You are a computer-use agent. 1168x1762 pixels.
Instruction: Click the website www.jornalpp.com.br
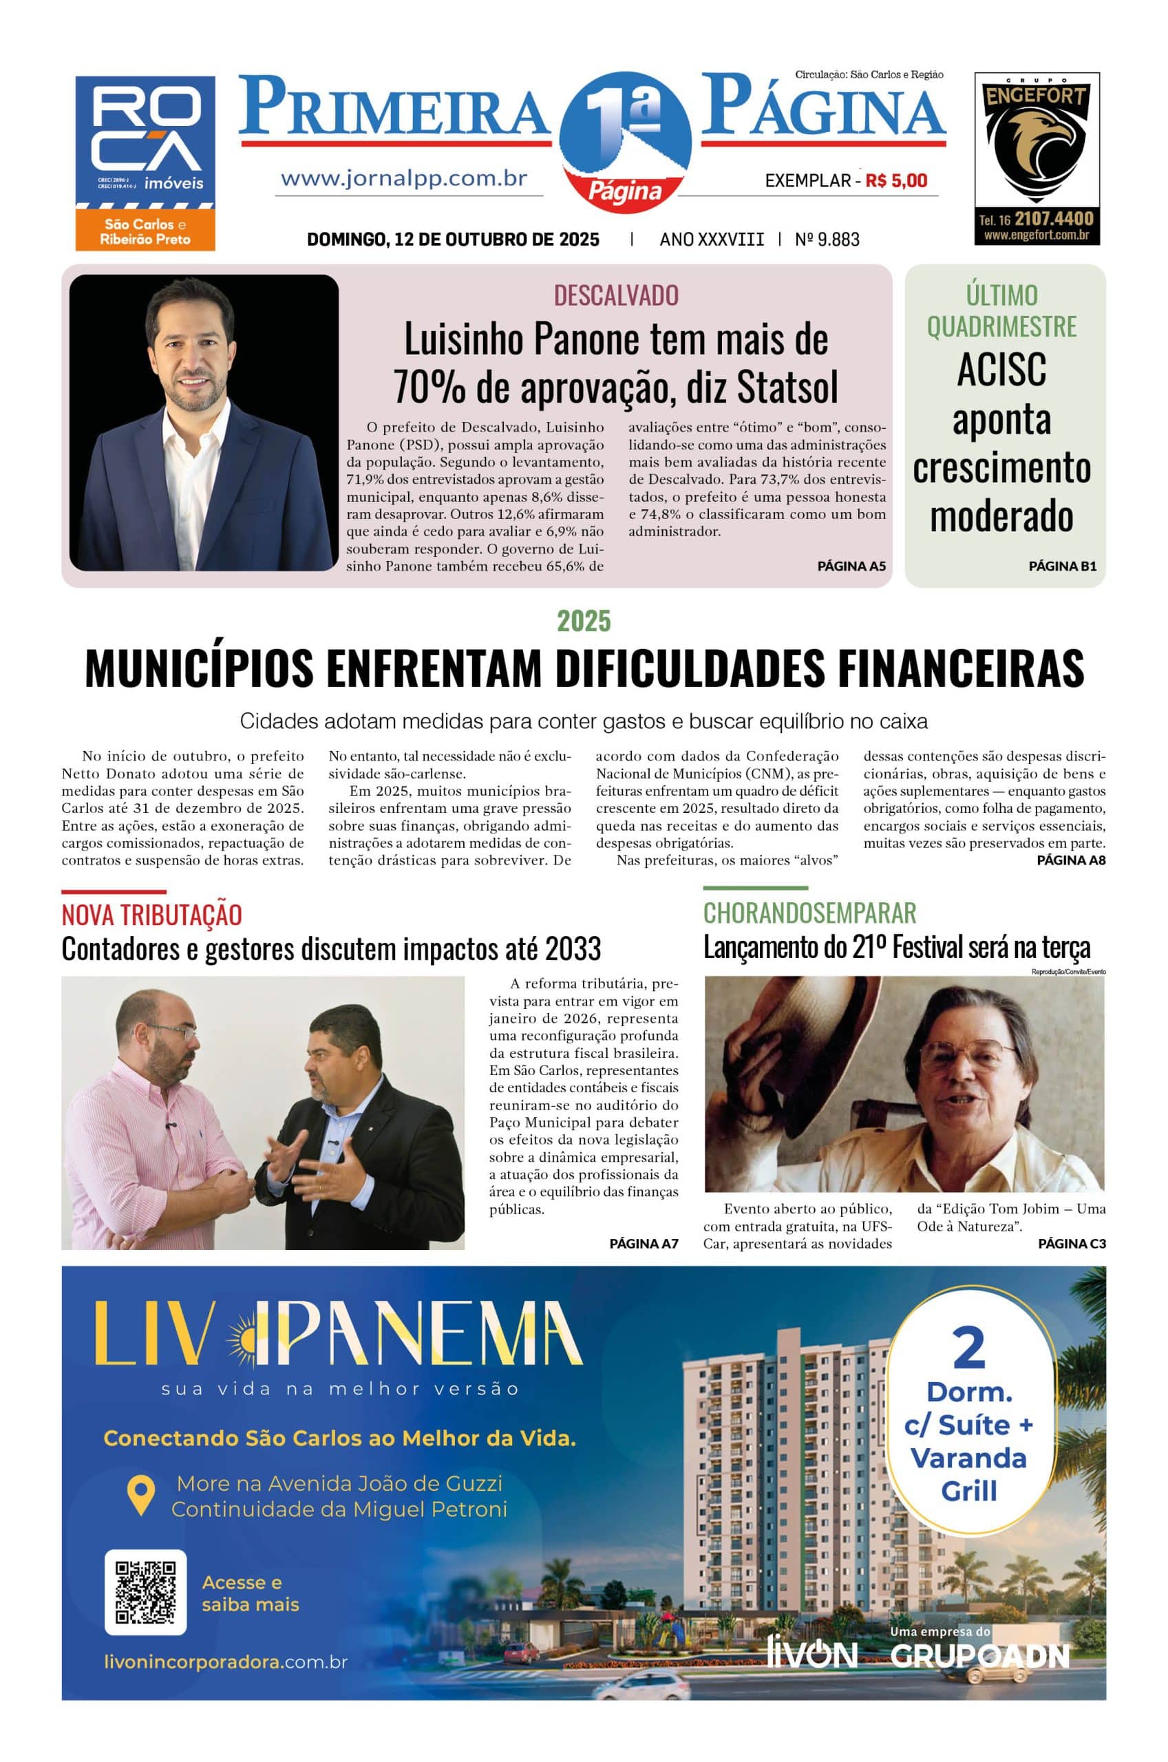click(405, 179)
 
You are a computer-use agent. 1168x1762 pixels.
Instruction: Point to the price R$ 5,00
click(896, 180)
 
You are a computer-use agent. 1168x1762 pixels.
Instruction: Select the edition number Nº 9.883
click(827, 239)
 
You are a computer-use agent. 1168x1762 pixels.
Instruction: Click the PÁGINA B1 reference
click(1062, 566)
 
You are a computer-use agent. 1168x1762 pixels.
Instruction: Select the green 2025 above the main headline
click(584, 620)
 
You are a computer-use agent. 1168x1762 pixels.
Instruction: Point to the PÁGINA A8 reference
click(1071, 860)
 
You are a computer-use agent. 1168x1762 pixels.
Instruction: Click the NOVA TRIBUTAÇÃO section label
click(152, 915)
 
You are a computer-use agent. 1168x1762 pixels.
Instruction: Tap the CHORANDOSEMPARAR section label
click(809, 913)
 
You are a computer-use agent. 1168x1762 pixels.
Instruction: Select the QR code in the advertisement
click(146, 1591)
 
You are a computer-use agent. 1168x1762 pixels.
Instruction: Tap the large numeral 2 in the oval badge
click(969, 1348)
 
